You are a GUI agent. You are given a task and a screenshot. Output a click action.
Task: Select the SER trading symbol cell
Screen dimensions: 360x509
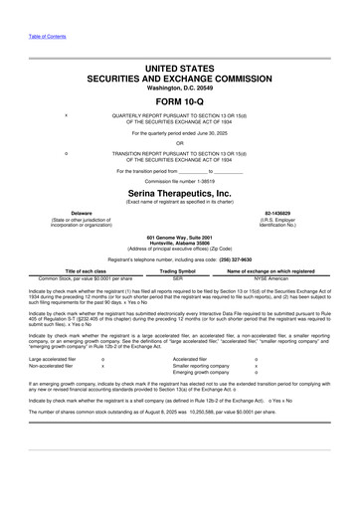[x=178, y=278]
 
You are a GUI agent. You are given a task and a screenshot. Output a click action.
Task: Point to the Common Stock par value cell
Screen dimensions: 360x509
[x=85, y=278]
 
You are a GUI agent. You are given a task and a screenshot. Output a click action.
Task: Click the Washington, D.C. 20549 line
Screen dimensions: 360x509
[x=179, y=85]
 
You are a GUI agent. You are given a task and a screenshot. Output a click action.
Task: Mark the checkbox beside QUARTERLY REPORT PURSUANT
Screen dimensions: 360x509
[x=66, y=114]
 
